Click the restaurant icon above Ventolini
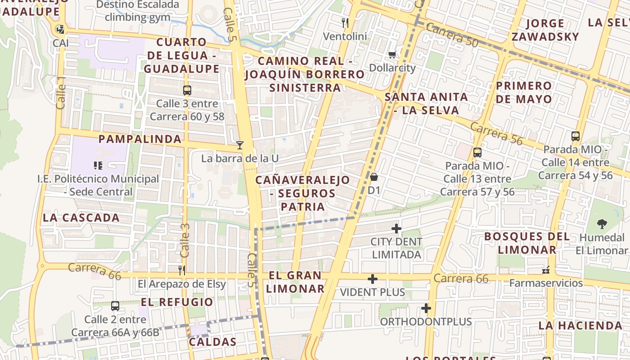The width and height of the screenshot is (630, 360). point(345,22)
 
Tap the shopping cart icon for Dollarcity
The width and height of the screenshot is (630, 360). point(392,54)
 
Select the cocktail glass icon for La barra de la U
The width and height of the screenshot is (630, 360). point(240,145)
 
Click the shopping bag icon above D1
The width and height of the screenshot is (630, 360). point(374,177)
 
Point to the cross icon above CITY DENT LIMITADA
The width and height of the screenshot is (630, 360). point(396,229)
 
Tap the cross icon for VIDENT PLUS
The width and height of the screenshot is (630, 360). point(372,279)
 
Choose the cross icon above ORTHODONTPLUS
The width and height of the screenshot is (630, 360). point(426,308)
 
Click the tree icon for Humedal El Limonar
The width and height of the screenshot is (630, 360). point(602,224)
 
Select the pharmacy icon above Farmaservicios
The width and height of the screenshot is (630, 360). point(546,270)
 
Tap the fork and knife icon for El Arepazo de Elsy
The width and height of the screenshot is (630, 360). point(182,270)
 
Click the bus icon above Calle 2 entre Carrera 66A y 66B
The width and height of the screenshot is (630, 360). point(115,306)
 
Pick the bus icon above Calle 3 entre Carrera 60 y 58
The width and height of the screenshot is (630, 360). point(187,90)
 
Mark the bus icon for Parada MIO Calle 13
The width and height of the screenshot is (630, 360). point(477,152)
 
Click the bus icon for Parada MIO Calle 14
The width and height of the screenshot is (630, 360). point(575,136)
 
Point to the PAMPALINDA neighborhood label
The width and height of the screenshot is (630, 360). point(140,139)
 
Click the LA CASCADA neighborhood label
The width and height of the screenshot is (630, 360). point(81,218)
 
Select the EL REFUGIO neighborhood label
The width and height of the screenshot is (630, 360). point(177,302)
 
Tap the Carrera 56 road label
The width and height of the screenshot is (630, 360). point(497,134)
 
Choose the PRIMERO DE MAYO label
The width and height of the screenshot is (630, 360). point(524,92)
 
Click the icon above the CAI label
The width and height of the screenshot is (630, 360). point(60,30)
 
